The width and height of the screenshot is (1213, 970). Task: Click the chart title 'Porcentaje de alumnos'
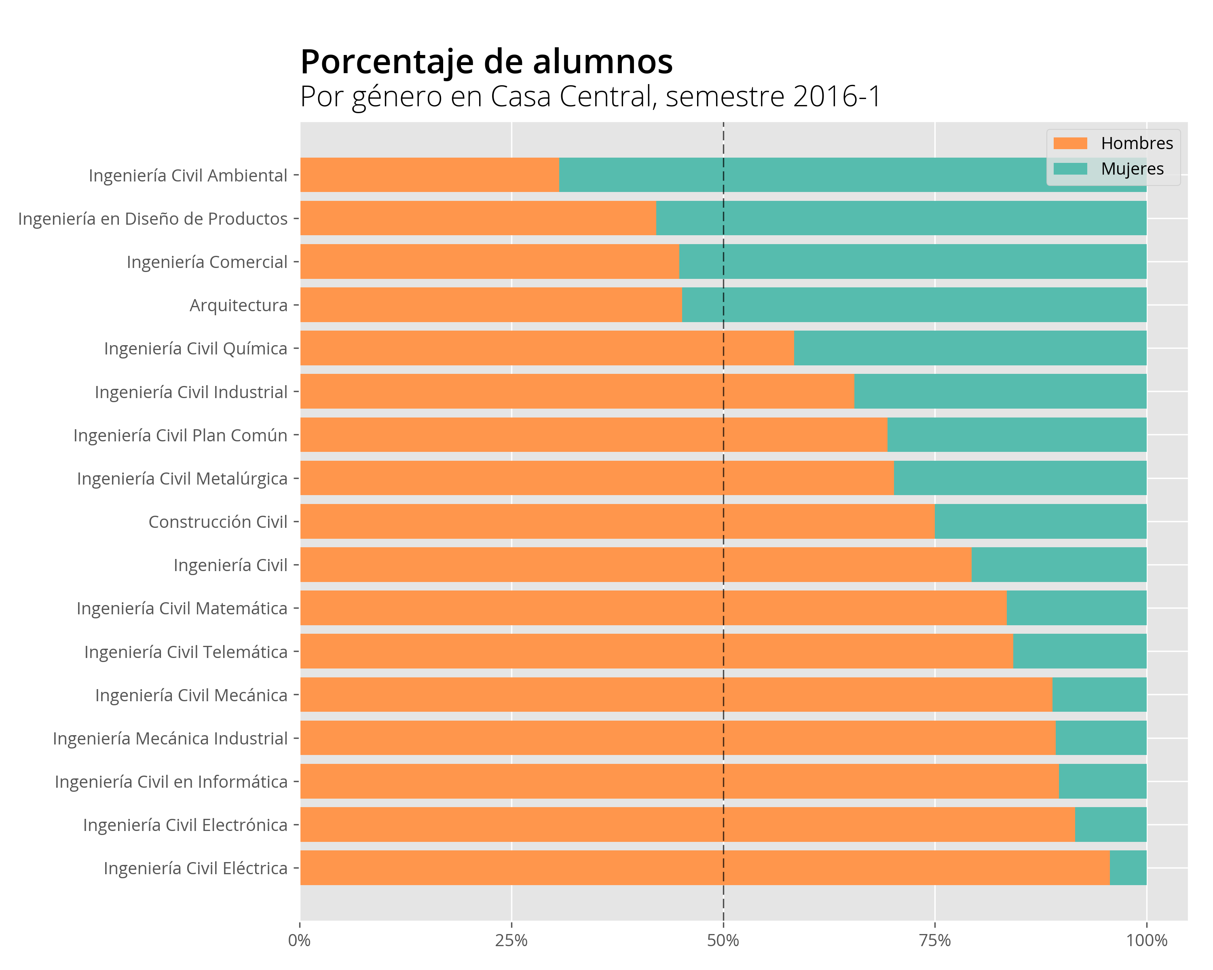tap(487, 62)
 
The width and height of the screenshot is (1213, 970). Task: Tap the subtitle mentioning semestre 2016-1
tap(590, 97)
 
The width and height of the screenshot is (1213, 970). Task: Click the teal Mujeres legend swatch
tap(1070, 169)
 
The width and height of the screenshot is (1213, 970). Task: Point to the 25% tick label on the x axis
tap(511, 940)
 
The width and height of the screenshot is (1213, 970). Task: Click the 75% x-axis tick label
tap(934, 940)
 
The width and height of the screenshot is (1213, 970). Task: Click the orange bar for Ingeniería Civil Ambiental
tap(430, 175)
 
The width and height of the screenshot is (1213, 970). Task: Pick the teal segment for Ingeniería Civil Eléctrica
tap(1128, 868)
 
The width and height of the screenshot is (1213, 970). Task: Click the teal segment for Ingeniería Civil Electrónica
tap(1111, 824)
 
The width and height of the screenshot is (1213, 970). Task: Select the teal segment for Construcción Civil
tap(1040, 521)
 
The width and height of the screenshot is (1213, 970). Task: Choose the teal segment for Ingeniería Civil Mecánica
tap(1099, 694)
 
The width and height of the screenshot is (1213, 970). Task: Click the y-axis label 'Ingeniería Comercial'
tap(207, 262)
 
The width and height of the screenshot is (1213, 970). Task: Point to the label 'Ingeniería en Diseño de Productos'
tap(153, 219)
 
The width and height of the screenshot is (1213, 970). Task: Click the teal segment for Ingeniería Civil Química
tap(970, 348)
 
